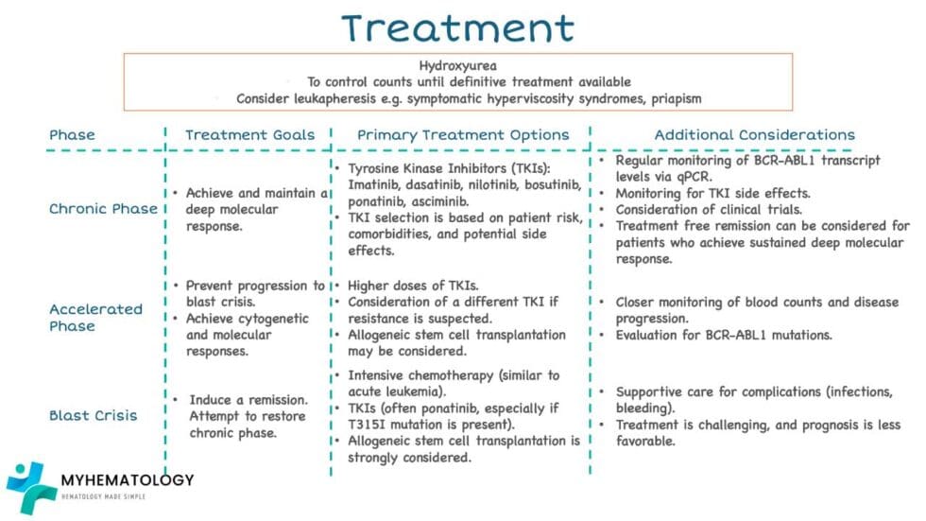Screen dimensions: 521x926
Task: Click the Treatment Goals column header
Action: (249, 135)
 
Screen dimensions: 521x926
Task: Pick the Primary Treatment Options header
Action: (463, 135)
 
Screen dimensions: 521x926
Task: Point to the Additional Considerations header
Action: (754, 135)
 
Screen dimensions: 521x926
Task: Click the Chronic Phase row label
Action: (103, 209)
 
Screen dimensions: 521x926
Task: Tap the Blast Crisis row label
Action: (93, 415)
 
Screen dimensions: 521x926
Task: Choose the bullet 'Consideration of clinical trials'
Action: (723, 209)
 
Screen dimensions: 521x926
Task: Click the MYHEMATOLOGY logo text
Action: (127, 480)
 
